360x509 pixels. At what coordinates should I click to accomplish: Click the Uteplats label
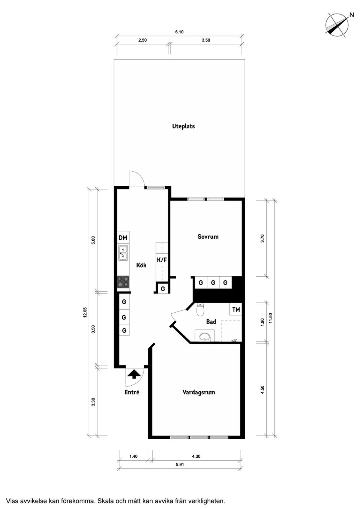(183, 126)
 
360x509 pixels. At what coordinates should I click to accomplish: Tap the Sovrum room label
(208, 237)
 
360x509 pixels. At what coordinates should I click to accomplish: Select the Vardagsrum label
(199, 392)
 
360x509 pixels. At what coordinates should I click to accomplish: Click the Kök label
(141, 265)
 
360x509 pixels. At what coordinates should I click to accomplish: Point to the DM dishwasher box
(123, 238)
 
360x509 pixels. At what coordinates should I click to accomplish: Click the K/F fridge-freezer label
(162, 260)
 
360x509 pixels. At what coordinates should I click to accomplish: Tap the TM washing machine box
(236, 310)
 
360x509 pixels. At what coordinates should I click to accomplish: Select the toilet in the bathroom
(201, 309)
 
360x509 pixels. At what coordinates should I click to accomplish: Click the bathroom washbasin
(205, 336)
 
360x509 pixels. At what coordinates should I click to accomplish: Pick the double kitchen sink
(123, 253)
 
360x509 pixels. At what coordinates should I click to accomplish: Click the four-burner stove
(123, 282)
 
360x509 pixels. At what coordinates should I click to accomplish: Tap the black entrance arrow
(134, 374)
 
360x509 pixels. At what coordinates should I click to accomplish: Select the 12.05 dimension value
(85, 312)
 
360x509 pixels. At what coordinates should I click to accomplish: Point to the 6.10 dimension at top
(179, 32)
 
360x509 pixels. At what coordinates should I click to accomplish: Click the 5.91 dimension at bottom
(180, 464)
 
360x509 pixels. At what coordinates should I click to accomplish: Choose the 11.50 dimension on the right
(271, 318)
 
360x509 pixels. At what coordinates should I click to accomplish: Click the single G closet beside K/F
(162, 289)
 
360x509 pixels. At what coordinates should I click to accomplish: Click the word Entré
(132, 392)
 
